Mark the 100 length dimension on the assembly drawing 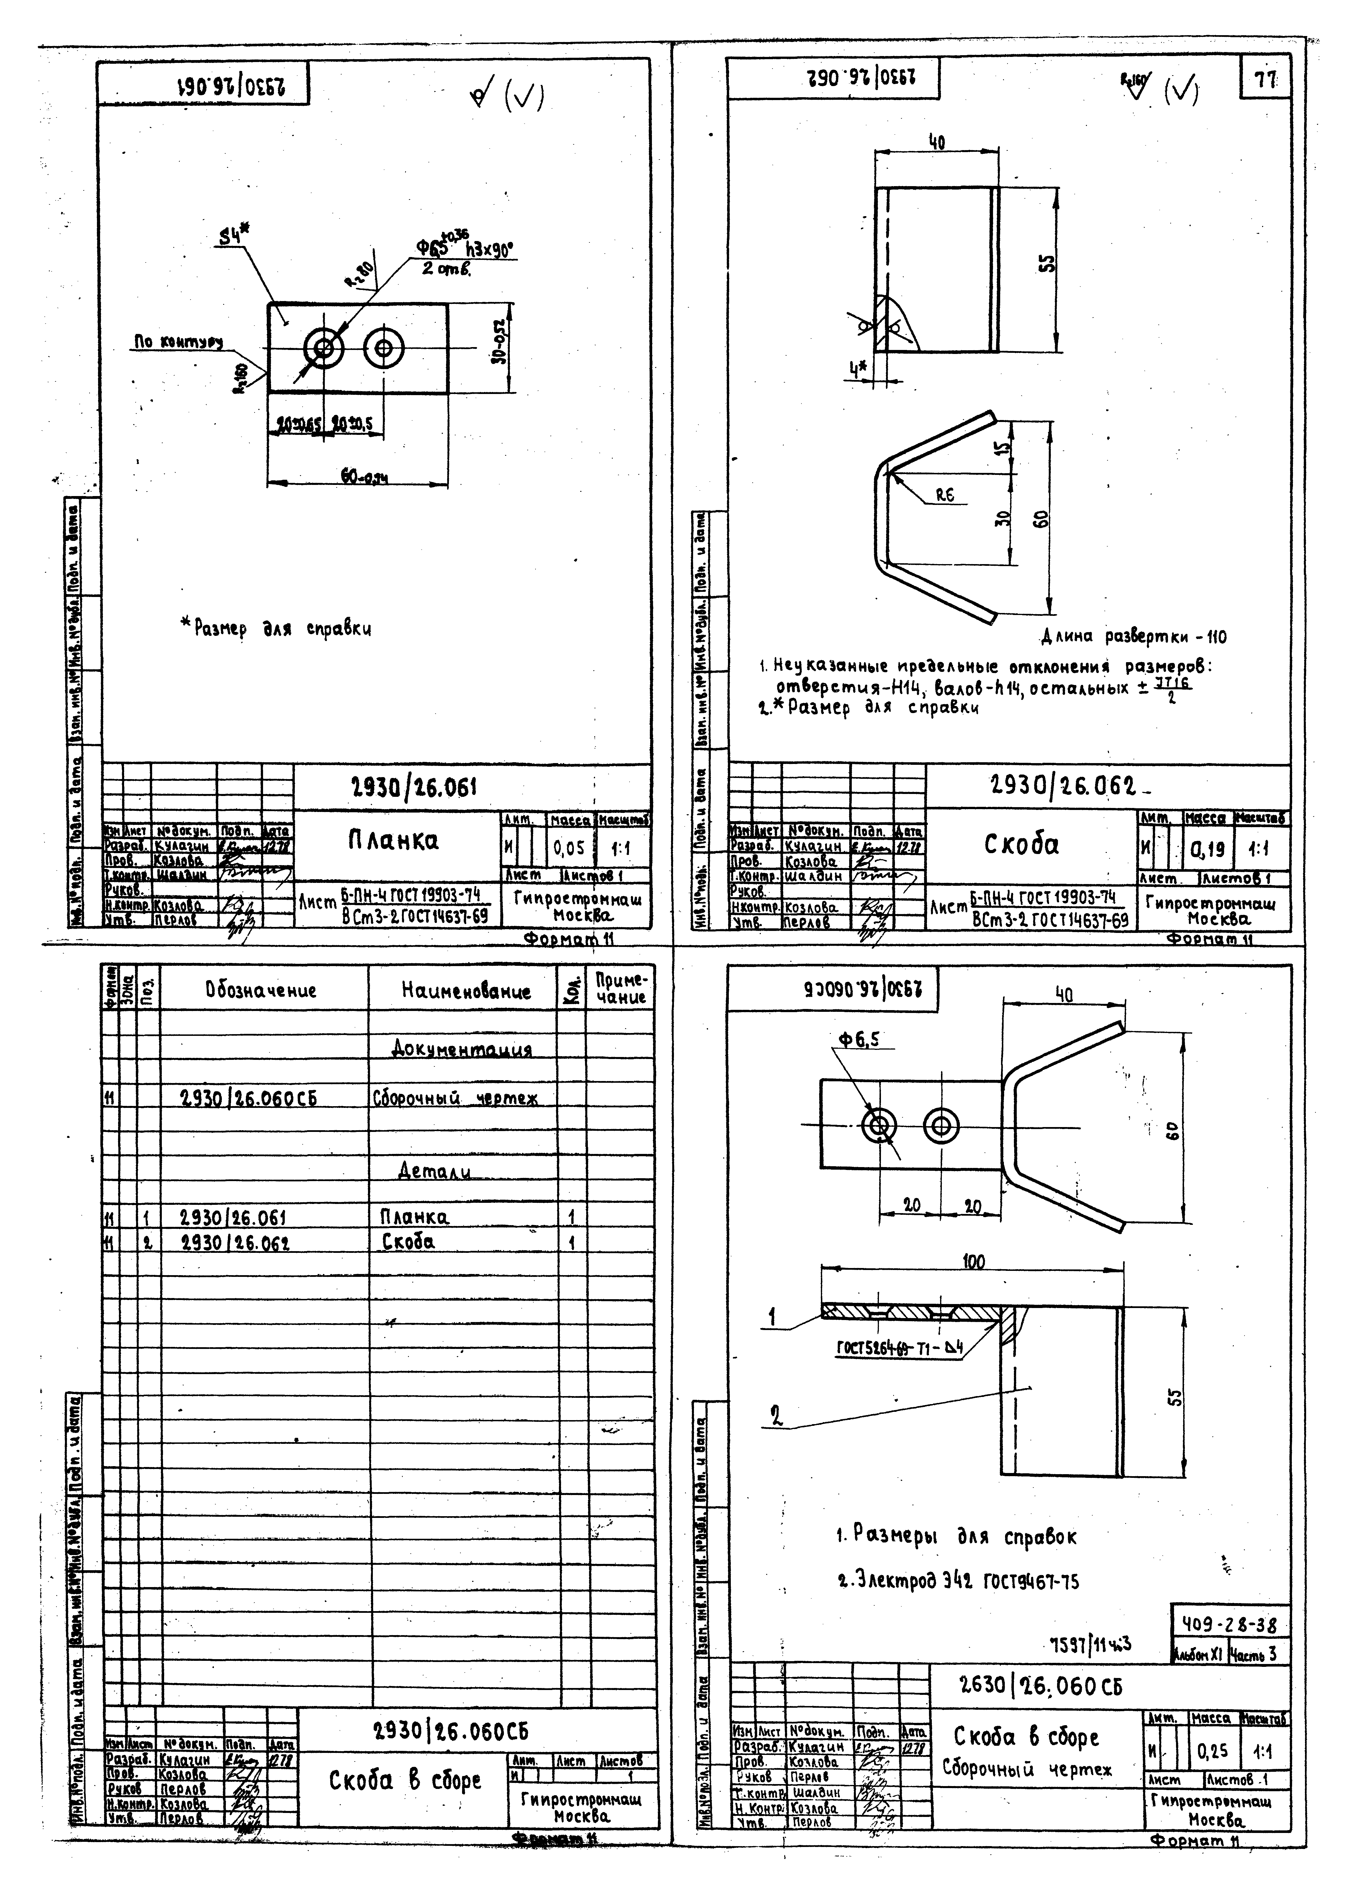coord(973,1262)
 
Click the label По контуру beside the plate coord(179,342)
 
